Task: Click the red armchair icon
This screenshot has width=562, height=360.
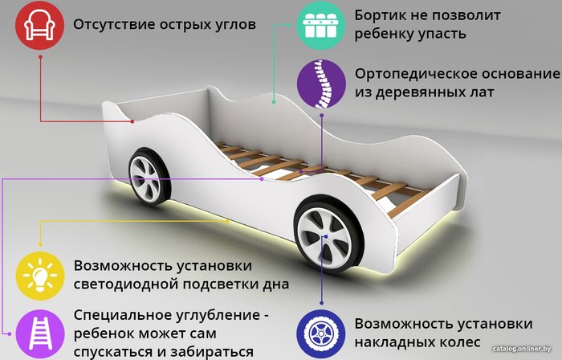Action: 39,26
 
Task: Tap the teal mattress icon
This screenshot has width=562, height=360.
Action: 321,26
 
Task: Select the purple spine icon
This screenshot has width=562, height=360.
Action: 321,84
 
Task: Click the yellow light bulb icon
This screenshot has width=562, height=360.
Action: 40,276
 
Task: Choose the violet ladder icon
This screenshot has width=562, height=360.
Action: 40,333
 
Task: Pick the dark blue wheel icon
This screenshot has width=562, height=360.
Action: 321,333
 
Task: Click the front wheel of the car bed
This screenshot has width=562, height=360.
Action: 328,235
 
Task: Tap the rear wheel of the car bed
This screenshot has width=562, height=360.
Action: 149,177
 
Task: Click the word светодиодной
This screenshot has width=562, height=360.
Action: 126,284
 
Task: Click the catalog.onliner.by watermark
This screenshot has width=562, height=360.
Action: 522,349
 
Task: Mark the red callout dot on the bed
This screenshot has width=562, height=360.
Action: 132,121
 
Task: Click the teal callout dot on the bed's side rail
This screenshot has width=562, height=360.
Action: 274,102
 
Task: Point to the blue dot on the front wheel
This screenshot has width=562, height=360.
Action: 326,236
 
